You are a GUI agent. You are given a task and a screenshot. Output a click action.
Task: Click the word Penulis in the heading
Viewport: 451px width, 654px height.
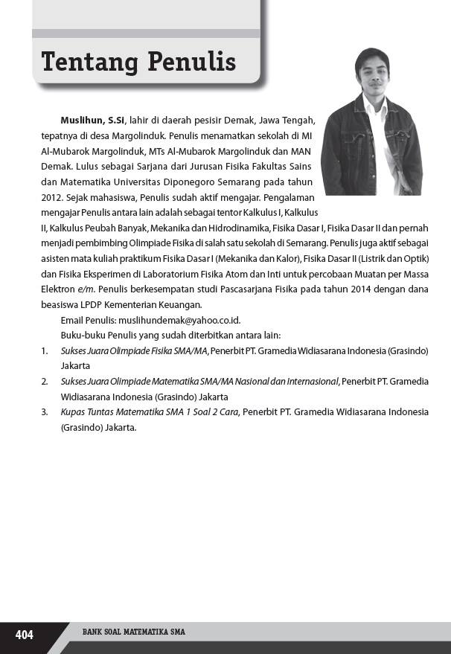coord(190,62)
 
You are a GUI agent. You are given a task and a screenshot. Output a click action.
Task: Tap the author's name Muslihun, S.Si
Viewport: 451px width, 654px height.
coord(93,120)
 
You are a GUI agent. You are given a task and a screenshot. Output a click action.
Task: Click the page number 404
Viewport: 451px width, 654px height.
coord(25,634)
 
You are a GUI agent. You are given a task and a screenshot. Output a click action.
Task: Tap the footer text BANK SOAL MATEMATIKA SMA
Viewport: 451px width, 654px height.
coord(133,632)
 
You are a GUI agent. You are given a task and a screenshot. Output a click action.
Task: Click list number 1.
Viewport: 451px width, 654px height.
coord(44,350)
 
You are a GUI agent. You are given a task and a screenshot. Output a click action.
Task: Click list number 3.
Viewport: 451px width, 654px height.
coord(44,412)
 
